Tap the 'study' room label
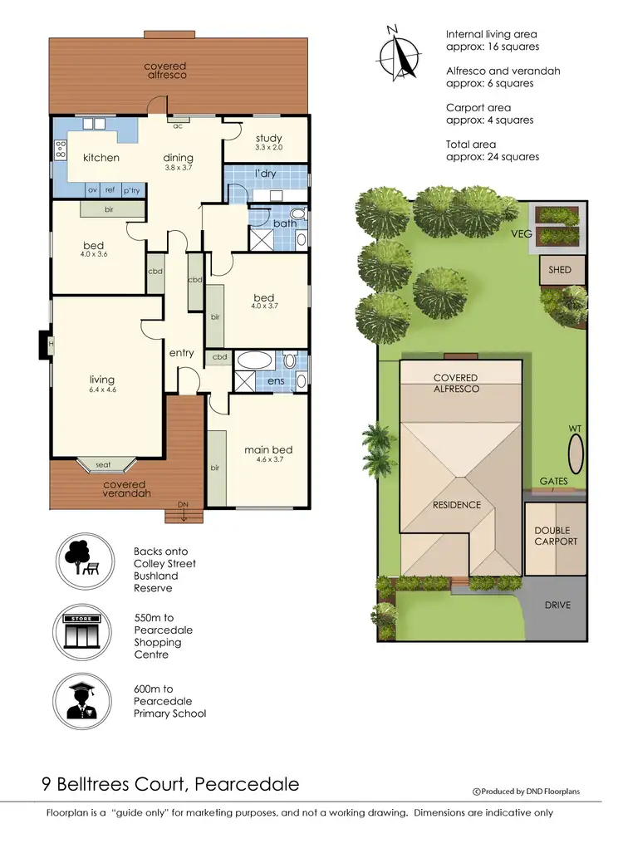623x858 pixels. (x=268, y=138)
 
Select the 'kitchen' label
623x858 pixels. (x=101, y=158)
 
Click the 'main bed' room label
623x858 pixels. (x=267, y=450)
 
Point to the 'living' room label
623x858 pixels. (x=102, y=380)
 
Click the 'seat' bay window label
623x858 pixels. (x=104, y=465)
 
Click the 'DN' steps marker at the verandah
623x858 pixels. (x=184, y=504)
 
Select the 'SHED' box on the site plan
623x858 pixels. (x=561, y=270)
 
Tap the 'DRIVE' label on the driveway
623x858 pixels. (x=557, y=605)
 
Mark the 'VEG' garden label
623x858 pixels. (x=522, y=234)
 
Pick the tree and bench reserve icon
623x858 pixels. (x=83, y=559)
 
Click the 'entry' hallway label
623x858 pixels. (x=181, y=353)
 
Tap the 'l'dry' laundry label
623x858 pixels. (x=265, y=174)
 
